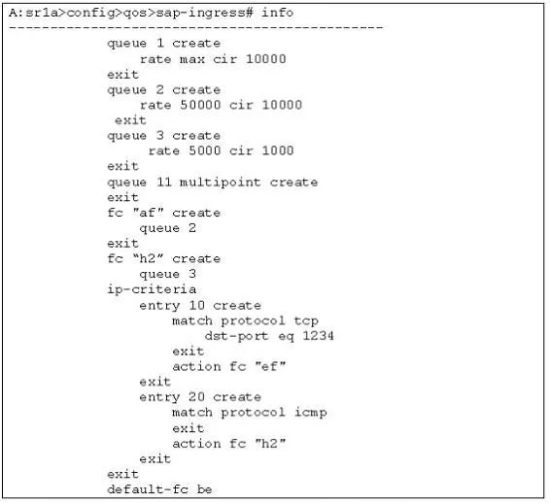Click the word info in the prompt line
[277, 13]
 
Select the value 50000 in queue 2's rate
[200, 105]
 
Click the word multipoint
[220, 183]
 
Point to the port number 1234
[318, 336]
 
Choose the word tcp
[306, 321]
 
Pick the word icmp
[310, 413]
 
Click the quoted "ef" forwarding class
[270, 367]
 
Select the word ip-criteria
[152, 289]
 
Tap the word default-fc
[148, 489]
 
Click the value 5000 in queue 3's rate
[204, 151]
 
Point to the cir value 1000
[278, 151]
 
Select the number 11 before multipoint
[164, 182]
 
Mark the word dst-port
[236, 336]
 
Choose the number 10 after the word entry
[196, 305]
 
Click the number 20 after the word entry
[196, 397]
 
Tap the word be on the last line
[204, 489]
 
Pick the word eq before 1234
[287, 337]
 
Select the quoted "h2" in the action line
[270, 444]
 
